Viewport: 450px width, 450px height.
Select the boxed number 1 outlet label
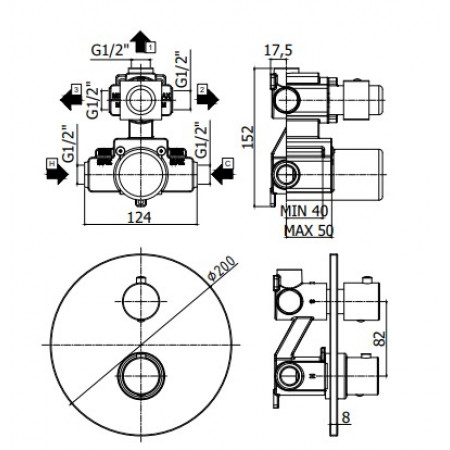(150, 46)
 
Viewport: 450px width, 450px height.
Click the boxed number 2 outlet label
(202, 90)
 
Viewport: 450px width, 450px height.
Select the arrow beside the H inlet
(58, 173)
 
